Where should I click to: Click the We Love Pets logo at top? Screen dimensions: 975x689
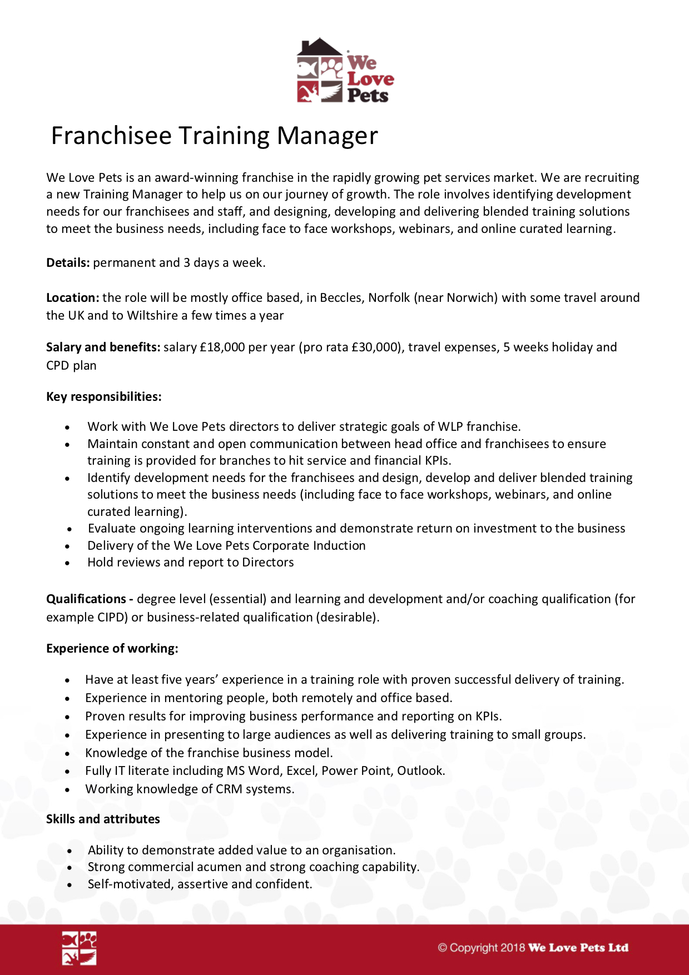point(345,71)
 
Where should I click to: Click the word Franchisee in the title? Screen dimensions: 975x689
point(111,136)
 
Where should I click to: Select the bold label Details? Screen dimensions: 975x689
point(68,263)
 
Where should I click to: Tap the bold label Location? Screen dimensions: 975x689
point(72,298)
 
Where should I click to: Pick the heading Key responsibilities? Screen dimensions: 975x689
point(103,397)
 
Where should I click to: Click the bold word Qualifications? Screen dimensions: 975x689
point(86,599)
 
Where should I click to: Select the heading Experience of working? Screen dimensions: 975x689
point(112,649)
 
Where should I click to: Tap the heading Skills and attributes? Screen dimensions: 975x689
point(103,819)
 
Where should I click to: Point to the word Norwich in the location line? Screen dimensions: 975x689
point(475,298)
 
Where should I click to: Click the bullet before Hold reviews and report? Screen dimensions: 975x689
point(67,563)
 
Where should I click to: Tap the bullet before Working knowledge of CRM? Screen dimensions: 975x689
point(67,790)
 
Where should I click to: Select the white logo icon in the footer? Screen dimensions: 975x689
point(79,948)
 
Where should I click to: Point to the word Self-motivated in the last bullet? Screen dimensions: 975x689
point(129,884)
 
